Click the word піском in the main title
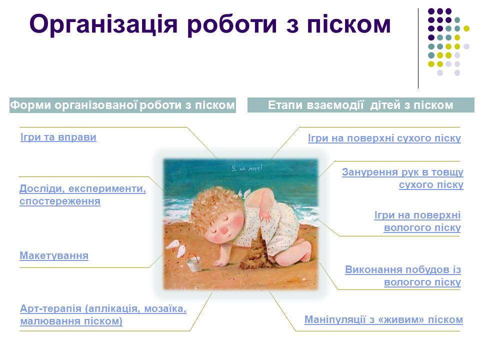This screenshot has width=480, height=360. point(349,24)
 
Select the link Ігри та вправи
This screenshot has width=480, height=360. point(58,137)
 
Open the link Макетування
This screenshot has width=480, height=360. point(54,255)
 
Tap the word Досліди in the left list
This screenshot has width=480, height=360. point(40,189)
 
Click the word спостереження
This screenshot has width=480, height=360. point(60,201)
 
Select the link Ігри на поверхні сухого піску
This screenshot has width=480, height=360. point(384,138)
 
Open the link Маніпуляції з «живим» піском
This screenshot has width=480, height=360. point(383,319)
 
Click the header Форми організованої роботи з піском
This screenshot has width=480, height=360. point(122,105)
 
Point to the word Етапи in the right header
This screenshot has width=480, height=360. point(285,105)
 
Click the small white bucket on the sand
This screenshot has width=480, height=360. point(194,264)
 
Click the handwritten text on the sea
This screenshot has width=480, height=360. point(246,168)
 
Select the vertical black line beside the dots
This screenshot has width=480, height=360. point(418,48)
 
